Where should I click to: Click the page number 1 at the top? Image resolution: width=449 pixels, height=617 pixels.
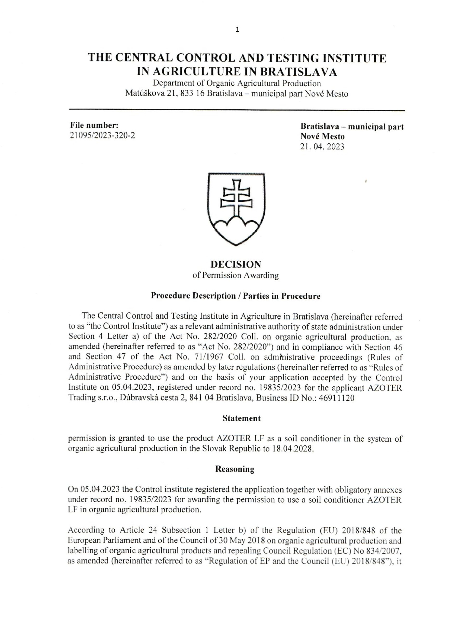(x=238, y=29)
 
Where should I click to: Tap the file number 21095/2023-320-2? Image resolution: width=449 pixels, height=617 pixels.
(x=102, y=135)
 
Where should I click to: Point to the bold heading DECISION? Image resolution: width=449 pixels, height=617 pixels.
(x=236, y=264)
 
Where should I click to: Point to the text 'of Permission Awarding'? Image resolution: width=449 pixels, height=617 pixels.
(x=236, y=275)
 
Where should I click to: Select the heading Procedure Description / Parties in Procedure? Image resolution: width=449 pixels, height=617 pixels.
(x=236, y=296)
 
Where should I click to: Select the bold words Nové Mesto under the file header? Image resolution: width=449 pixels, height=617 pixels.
(x=322, y=136)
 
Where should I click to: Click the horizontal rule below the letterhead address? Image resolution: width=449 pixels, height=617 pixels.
(x=237, y=110)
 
